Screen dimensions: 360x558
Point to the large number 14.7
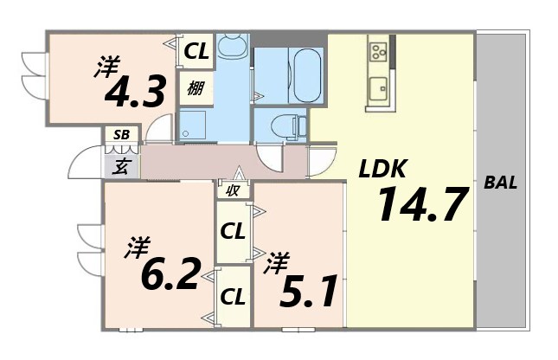pos(422,204)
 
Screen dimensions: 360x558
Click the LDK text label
pos(382,169)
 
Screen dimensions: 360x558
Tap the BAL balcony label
pos(501,183)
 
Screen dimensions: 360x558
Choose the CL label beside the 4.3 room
pos(196,52)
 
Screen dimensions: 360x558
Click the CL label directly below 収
pos(231,231)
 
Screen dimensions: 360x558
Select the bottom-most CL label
pos(232,296)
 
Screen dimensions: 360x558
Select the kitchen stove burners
pos(378,52)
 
